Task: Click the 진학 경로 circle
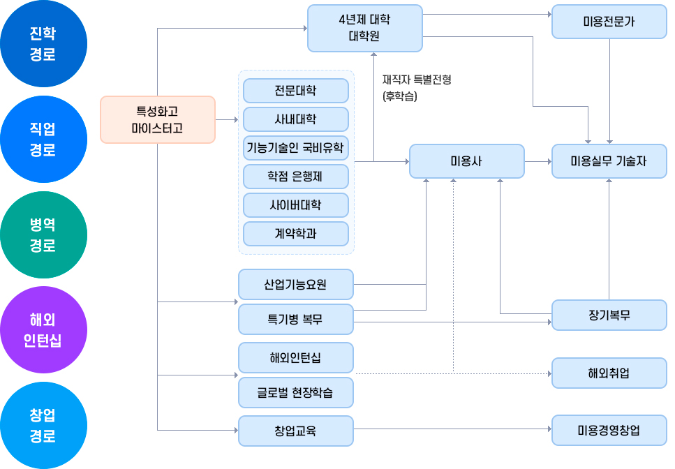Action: click(x=43, y=44)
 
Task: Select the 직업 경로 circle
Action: click(x=43, y=140)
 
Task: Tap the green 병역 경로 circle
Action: click(x=43, y=235)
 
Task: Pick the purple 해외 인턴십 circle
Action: click(x=43, y=330)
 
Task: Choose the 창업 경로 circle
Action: click(x=43, y=426)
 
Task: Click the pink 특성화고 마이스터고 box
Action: click(x=158, y=119)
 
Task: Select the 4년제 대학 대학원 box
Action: click(x=364, y=28)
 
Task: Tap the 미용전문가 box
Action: click(x=609, y=22)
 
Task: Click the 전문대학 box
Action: click(x=295, y=91)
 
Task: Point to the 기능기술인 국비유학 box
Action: click(x=295, y=148)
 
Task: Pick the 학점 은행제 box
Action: click(x=295, y=177)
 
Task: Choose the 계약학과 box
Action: click(x=295, y=234)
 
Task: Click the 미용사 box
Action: click(x=466, y=161)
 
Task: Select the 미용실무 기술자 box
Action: click(x=609, y=161)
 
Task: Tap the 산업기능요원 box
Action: click(x=295, y=285)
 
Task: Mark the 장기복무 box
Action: click(x=609, y=315)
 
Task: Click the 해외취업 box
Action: click(x=609, y=373)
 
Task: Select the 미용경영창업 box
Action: click(x=609, y=431)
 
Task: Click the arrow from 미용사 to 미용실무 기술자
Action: click(x=537, y=161)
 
